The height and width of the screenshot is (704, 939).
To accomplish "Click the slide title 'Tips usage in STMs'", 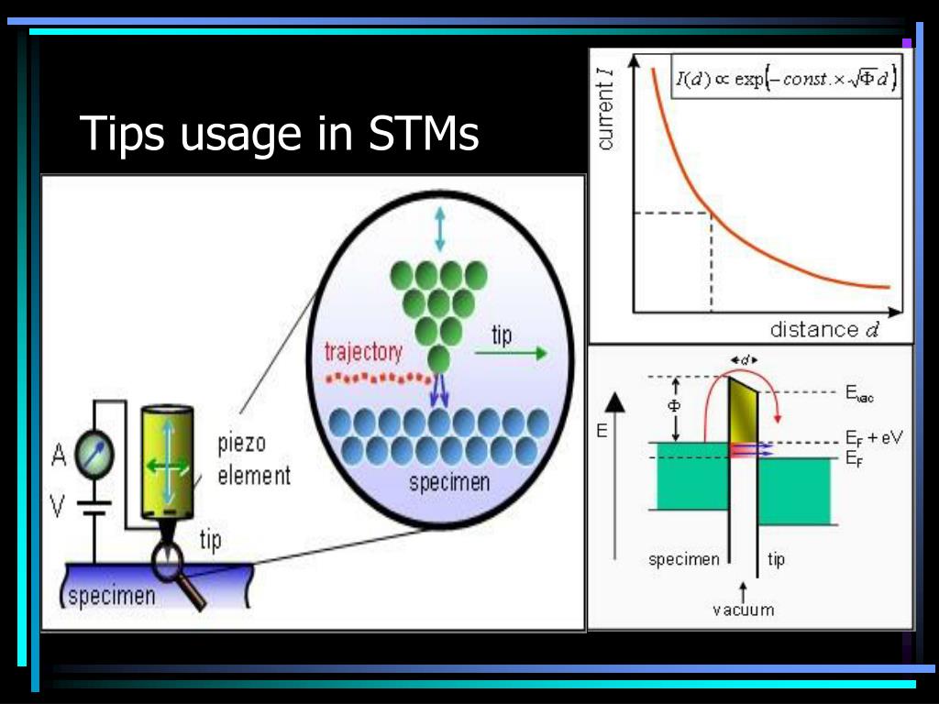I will (x=279, y=134).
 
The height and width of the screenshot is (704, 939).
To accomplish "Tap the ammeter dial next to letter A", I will (x=95, y=453).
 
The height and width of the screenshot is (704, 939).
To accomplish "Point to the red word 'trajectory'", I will (x=363, y=352).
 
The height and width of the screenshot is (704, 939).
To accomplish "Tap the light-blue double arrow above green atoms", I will (x=440, y=229).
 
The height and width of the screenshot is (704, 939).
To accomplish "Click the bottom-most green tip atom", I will (x=439, y=357).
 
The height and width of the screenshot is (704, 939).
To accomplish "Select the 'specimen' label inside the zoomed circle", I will (x=449, y=483).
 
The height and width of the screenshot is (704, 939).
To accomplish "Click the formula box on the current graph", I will (x=786, y=79).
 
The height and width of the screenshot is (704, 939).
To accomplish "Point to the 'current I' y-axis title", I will (x=606, y=115).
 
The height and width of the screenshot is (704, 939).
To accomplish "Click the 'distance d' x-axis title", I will (x=823, y=329).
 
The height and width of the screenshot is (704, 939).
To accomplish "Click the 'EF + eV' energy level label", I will (x=873, y=438).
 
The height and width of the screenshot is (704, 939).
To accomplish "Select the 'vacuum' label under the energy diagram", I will (x=743, y=609).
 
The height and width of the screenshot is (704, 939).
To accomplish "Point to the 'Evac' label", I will (x=861, y=395).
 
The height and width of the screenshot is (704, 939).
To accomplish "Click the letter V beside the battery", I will (x=57, y=506).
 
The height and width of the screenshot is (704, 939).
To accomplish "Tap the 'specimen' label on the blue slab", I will (x=109, y=596).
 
